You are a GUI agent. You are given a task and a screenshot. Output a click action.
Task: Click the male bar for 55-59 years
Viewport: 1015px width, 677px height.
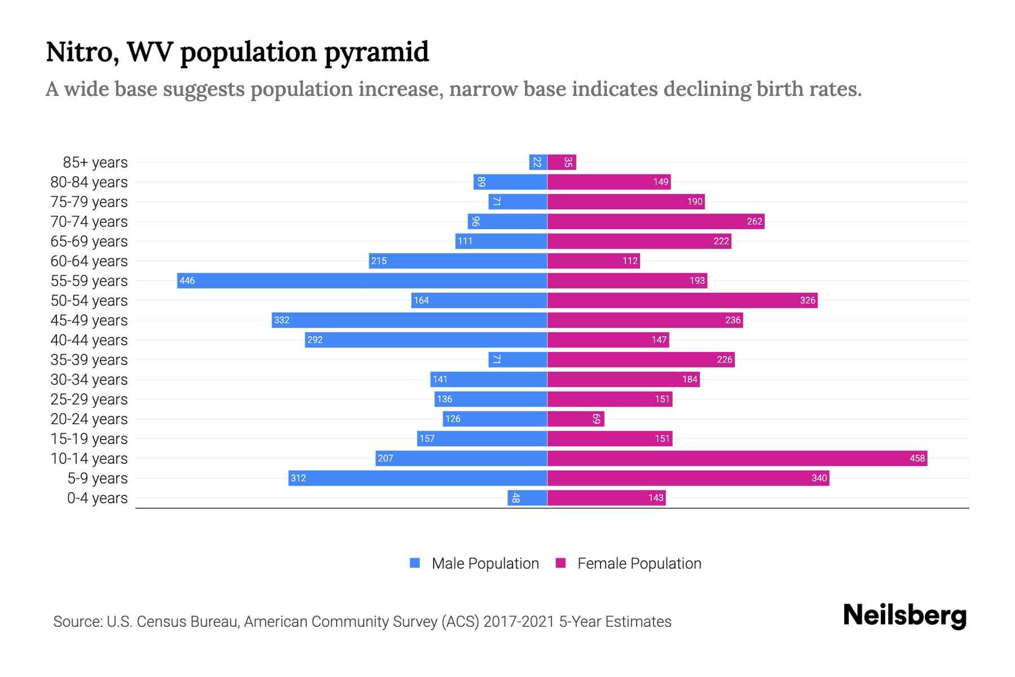click(x=362, y=280)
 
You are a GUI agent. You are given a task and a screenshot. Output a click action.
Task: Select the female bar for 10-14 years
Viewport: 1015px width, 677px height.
click(x=737, y=458)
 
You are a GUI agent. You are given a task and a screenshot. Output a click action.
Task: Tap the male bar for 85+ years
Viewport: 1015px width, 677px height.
click(x=538, y=162)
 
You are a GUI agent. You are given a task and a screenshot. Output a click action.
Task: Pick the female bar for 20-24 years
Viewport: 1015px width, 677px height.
click(x=575, y=419)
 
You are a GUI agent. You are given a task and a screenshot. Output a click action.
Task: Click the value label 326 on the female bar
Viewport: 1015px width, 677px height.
click(x=807, y=300)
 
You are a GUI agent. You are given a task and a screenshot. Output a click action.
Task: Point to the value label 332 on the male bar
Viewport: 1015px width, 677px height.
click(x=281, y=320)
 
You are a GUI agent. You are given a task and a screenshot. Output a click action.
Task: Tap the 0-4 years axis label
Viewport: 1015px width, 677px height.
click(x=97, y=498)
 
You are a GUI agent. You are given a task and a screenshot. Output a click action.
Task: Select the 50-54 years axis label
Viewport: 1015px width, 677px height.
click(x=89, y=301)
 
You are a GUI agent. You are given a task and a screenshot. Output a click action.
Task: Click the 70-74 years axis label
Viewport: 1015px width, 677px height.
click(x=89, y=222)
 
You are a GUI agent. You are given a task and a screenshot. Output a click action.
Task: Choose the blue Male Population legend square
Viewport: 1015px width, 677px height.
click(x=415, y=563)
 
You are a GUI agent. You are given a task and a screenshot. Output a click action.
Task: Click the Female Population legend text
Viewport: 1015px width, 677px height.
click(x=639, y=563)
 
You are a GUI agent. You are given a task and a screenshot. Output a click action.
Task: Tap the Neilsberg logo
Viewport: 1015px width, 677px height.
click(x=904, y=616)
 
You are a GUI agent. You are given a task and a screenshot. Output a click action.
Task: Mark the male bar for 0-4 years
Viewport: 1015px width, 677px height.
click(x=527, y=498)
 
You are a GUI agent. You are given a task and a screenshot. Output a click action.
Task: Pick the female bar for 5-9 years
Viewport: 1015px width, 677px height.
click(x=688, y=478)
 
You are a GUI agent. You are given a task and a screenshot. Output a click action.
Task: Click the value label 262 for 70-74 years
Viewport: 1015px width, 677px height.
click(x=754, y=221)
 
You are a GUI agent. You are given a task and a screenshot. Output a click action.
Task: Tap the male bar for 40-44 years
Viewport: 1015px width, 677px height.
click(x=426, y=340)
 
